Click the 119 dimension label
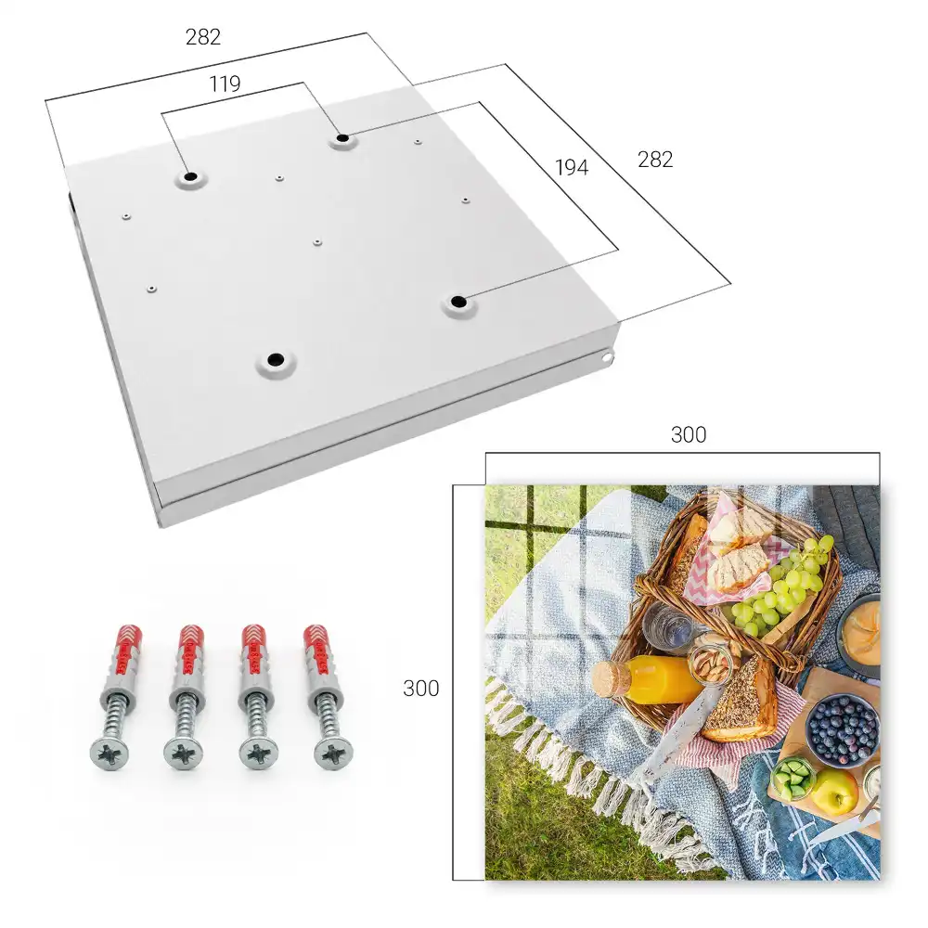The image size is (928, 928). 225,84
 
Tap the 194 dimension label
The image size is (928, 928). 572,167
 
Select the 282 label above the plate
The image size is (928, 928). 203,37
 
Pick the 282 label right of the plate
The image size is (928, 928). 655,160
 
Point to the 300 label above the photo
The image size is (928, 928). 689,434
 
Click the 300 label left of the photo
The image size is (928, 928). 420,689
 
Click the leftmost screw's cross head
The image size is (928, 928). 110,754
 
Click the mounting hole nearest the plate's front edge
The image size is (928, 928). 276,360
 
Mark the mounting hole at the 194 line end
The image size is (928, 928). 457,303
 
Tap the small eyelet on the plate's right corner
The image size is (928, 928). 608,357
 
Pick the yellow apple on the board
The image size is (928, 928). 835,791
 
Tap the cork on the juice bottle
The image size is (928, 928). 609,678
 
